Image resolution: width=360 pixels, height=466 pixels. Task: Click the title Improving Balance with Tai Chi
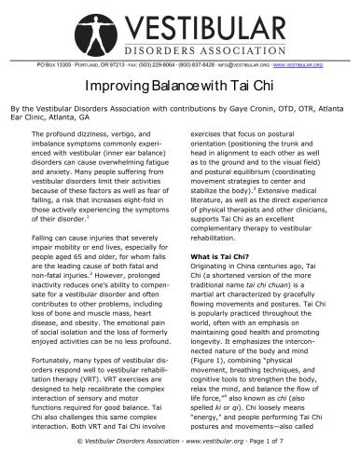click(x=180, y=84)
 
